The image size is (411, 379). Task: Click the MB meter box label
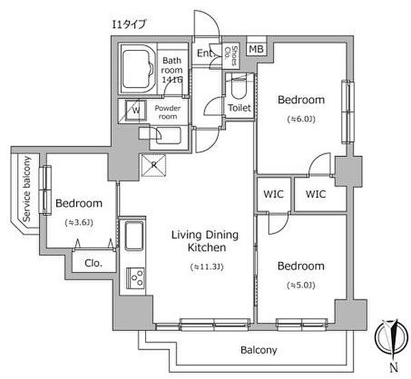pyautogui.click(x=256, y=49)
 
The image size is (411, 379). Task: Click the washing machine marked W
pyautogui.click(x=136, y=110)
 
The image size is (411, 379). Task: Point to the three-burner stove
pyautogui.click(x=136, y=278)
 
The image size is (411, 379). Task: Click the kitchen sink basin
pyautogui.click(x=134, y=236)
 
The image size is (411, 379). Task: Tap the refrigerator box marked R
pyautogui.click(x=153, y=165)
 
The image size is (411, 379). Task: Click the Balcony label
pyautogui.click(x=259, y=350)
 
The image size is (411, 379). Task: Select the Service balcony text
pyautogui.click(x=27, y=189)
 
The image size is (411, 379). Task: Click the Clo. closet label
pyautogui.click(x=93, y=263)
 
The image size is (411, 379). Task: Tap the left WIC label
pyautogui.click(x=273, y=194)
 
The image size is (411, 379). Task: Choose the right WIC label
pyautogui.click(x=316, y=194)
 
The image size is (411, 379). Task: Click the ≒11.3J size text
pyautogui.click(x=207, y=267)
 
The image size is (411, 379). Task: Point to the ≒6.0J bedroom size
pyautogui.click(x=301, y=119)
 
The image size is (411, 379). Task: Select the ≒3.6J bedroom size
pyautogui.click(x=79, y=223)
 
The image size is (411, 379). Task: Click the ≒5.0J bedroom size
pyautogui.click(x=301, y=285)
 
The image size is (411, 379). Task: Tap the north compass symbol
pyautogui.click(x=392, y=341)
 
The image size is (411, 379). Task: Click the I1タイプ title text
pyautogui.click(x=129, y=25)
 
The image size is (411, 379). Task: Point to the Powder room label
pyautogui.click(x=168, y=112)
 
